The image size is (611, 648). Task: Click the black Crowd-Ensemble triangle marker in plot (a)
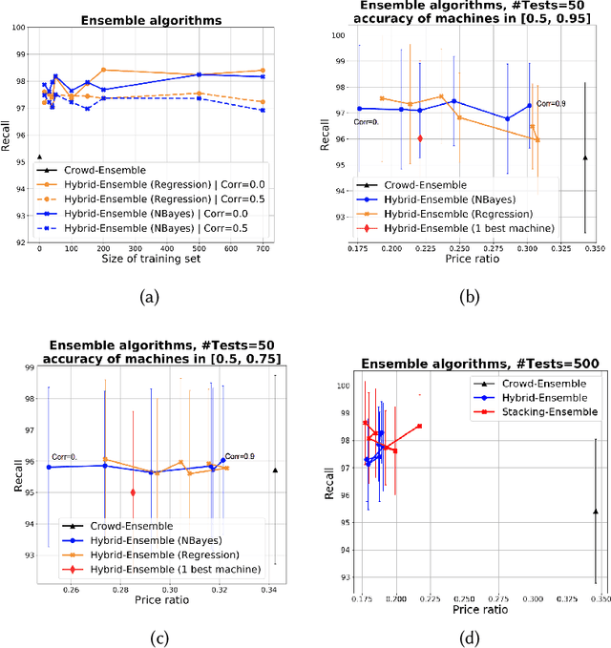39,157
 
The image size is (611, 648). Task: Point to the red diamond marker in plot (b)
419,138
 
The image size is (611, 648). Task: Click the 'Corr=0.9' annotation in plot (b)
550,104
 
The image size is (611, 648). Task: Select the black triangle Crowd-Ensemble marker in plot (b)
584,157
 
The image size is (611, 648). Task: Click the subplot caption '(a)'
149,297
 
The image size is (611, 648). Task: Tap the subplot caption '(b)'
470,297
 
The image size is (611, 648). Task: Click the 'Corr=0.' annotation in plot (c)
64,456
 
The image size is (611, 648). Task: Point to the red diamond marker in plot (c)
133,492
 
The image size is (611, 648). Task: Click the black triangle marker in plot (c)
275,470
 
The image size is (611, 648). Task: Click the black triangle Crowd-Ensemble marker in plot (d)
595,512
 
